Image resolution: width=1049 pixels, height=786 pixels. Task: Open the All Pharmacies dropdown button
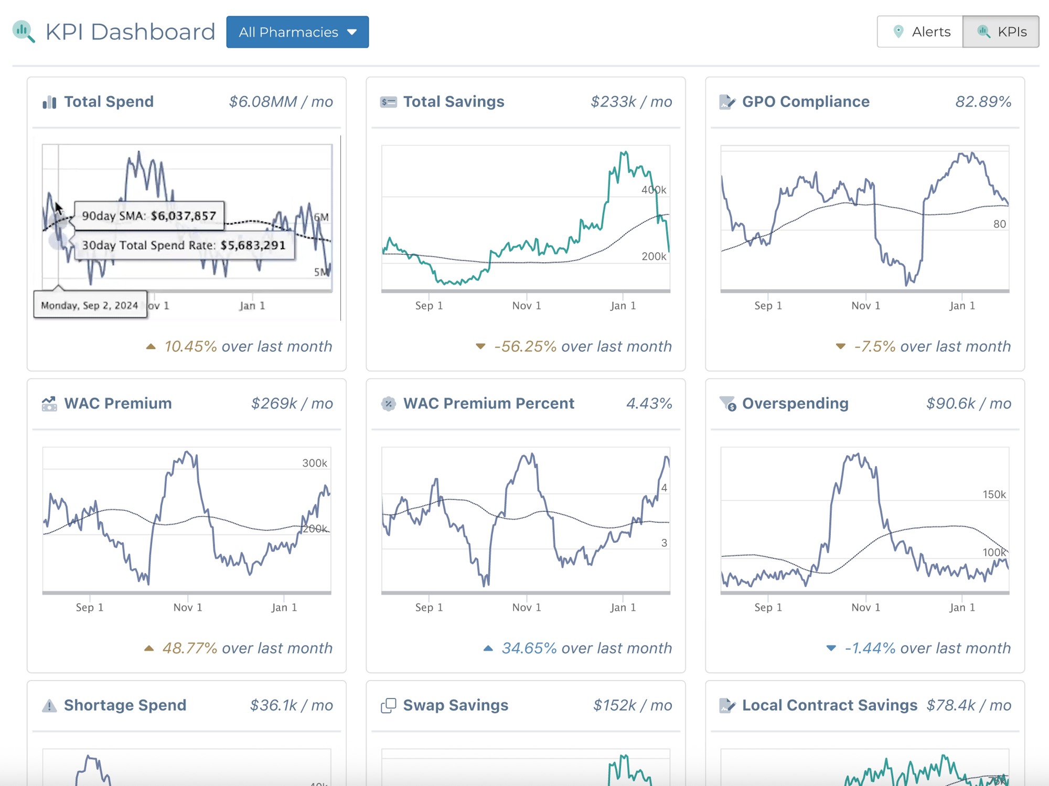tap(297, 32)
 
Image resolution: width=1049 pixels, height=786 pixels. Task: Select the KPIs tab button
tap(1001, 32)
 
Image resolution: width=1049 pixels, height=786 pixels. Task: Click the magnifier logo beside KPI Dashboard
tap(24, 31)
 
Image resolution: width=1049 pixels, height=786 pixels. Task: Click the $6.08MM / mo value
tap(281, 102)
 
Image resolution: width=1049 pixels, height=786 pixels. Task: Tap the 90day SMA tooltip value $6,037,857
tap(183, 216)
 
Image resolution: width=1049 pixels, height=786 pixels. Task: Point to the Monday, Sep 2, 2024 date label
tap(90, 305)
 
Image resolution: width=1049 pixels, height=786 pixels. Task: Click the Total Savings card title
tap(453, 102)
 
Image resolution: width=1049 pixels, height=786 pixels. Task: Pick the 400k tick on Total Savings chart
tap(653, 190)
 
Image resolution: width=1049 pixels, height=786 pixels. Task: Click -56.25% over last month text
tap(582, 347)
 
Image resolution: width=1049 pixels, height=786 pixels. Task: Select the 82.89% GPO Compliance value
tap(983, 102)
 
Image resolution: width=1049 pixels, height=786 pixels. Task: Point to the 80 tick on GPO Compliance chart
tap(999, 224)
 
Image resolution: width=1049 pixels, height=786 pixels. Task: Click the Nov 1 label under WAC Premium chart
tap(188, 607)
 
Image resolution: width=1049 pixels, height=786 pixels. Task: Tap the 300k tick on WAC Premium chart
tap(314, 463)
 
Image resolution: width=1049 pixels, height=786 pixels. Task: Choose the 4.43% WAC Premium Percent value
tap(649, 403)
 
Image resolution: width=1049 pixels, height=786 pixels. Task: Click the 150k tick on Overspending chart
tap(994, 494)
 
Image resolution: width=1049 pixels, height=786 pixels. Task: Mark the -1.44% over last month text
tap(927, 648)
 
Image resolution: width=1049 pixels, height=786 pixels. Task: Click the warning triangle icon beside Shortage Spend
tap(49, 706)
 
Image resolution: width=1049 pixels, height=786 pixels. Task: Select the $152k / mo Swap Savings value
tap(632, 705)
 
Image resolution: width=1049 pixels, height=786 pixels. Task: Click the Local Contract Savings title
tap(829, 705)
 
